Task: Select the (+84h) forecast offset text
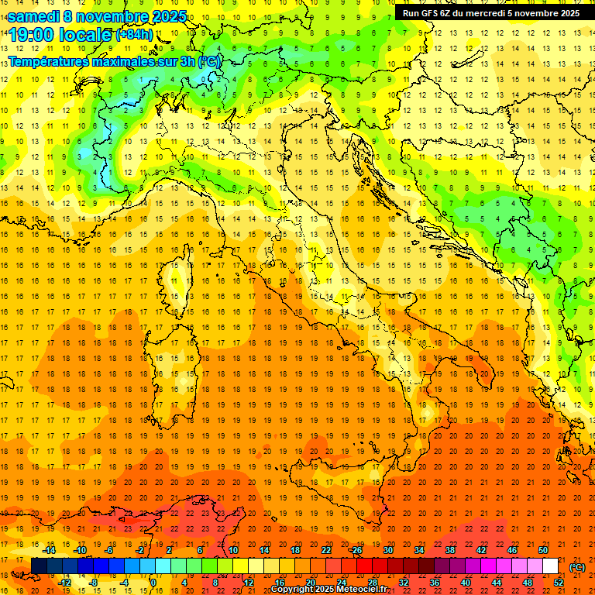[x=134, y=35]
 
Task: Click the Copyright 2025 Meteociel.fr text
[x=328, y=590]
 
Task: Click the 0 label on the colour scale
[x=153, y=583]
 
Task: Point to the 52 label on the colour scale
[x=559, y=583]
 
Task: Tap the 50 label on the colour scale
[x=543, y=551]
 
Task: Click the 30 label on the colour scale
[x=387, y=551]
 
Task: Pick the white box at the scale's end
[x=551, y=566]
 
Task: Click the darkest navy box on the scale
[x=39, y=566]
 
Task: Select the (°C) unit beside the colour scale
[x=577, y=567]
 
